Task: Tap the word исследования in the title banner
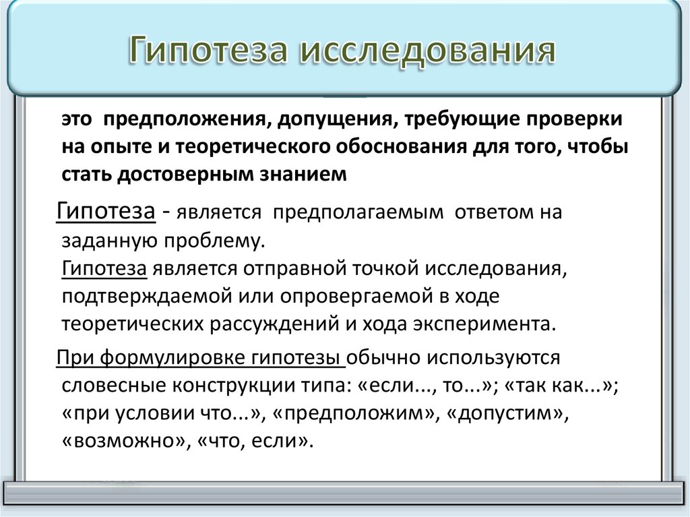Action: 428,51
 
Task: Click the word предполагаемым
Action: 358,212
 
